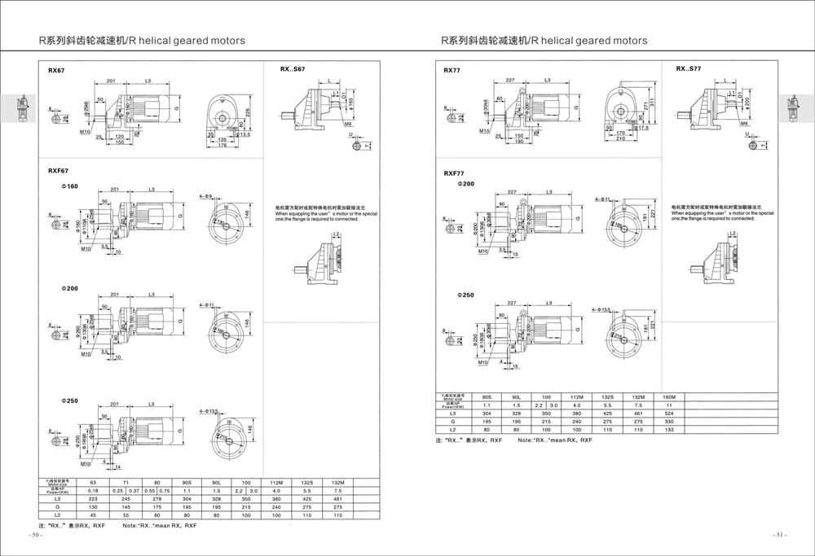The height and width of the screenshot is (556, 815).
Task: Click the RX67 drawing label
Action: [56, 71]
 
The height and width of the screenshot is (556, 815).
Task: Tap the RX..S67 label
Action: [293, 70]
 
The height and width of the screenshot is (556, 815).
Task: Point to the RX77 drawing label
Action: [452, 71]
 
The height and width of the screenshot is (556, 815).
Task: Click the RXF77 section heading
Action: [454, 173]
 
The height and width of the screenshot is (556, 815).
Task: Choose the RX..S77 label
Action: [688, 70]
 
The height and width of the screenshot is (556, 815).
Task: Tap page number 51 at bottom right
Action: [780, 536]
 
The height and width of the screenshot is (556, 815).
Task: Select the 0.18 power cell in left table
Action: [92, 491]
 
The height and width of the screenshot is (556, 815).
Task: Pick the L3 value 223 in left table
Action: [92, 498]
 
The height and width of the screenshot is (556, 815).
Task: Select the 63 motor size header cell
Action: [92, 483]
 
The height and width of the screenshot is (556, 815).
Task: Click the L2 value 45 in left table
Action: [92, 514]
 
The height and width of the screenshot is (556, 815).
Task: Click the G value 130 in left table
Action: [92, 506]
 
